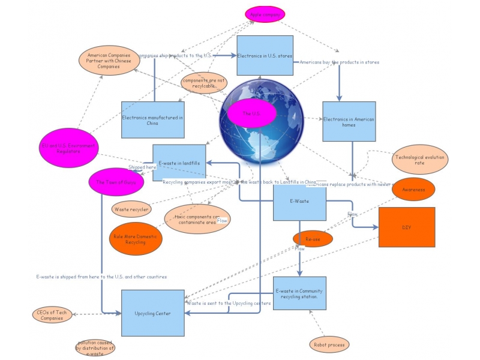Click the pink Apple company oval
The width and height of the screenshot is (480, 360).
(x=265, y=14)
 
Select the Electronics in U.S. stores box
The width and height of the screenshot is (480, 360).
(x=265, y=55)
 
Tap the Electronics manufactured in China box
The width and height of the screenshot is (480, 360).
(x=152, y=119)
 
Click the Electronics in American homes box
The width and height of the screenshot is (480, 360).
(x=349, y=121)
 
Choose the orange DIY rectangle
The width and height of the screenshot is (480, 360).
(x=406, y=227)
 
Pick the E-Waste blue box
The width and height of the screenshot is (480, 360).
(x=299, y=203)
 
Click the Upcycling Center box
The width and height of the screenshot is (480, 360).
(x=152, y=313)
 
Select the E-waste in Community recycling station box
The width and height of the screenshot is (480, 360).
(x=299, y=293)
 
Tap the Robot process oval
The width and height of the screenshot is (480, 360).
(x=329, y=344)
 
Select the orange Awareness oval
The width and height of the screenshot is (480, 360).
(x=413, y=190)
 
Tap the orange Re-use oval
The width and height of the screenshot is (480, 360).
(x=313, y=239)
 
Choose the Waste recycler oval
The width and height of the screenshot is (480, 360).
(x=131, y=209)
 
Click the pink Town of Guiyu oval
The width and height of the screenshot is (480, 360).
(x=116, y=182)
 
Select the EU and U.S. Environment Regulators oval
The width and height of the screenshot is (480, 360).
(x=68, y=148)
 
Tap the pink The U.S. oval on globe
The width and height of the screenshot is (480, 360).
(x=251, y=113)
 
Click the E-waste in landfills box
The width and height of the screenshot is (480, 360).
(x=179, y=163)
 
